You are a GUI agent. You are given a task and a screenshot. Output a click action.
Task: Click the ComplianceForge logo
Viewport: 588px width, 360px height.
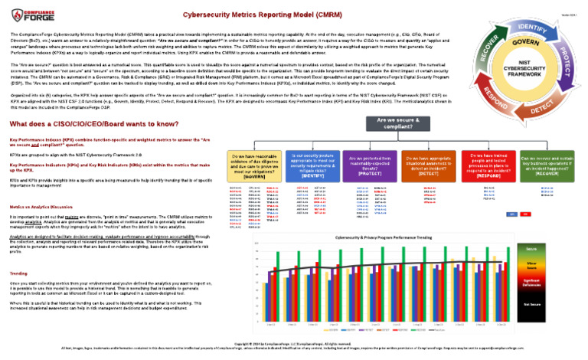[29, 12]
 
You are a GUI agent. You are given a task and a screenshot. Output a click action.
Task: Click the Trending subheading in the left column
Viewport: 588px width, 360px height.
[19, 273]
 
